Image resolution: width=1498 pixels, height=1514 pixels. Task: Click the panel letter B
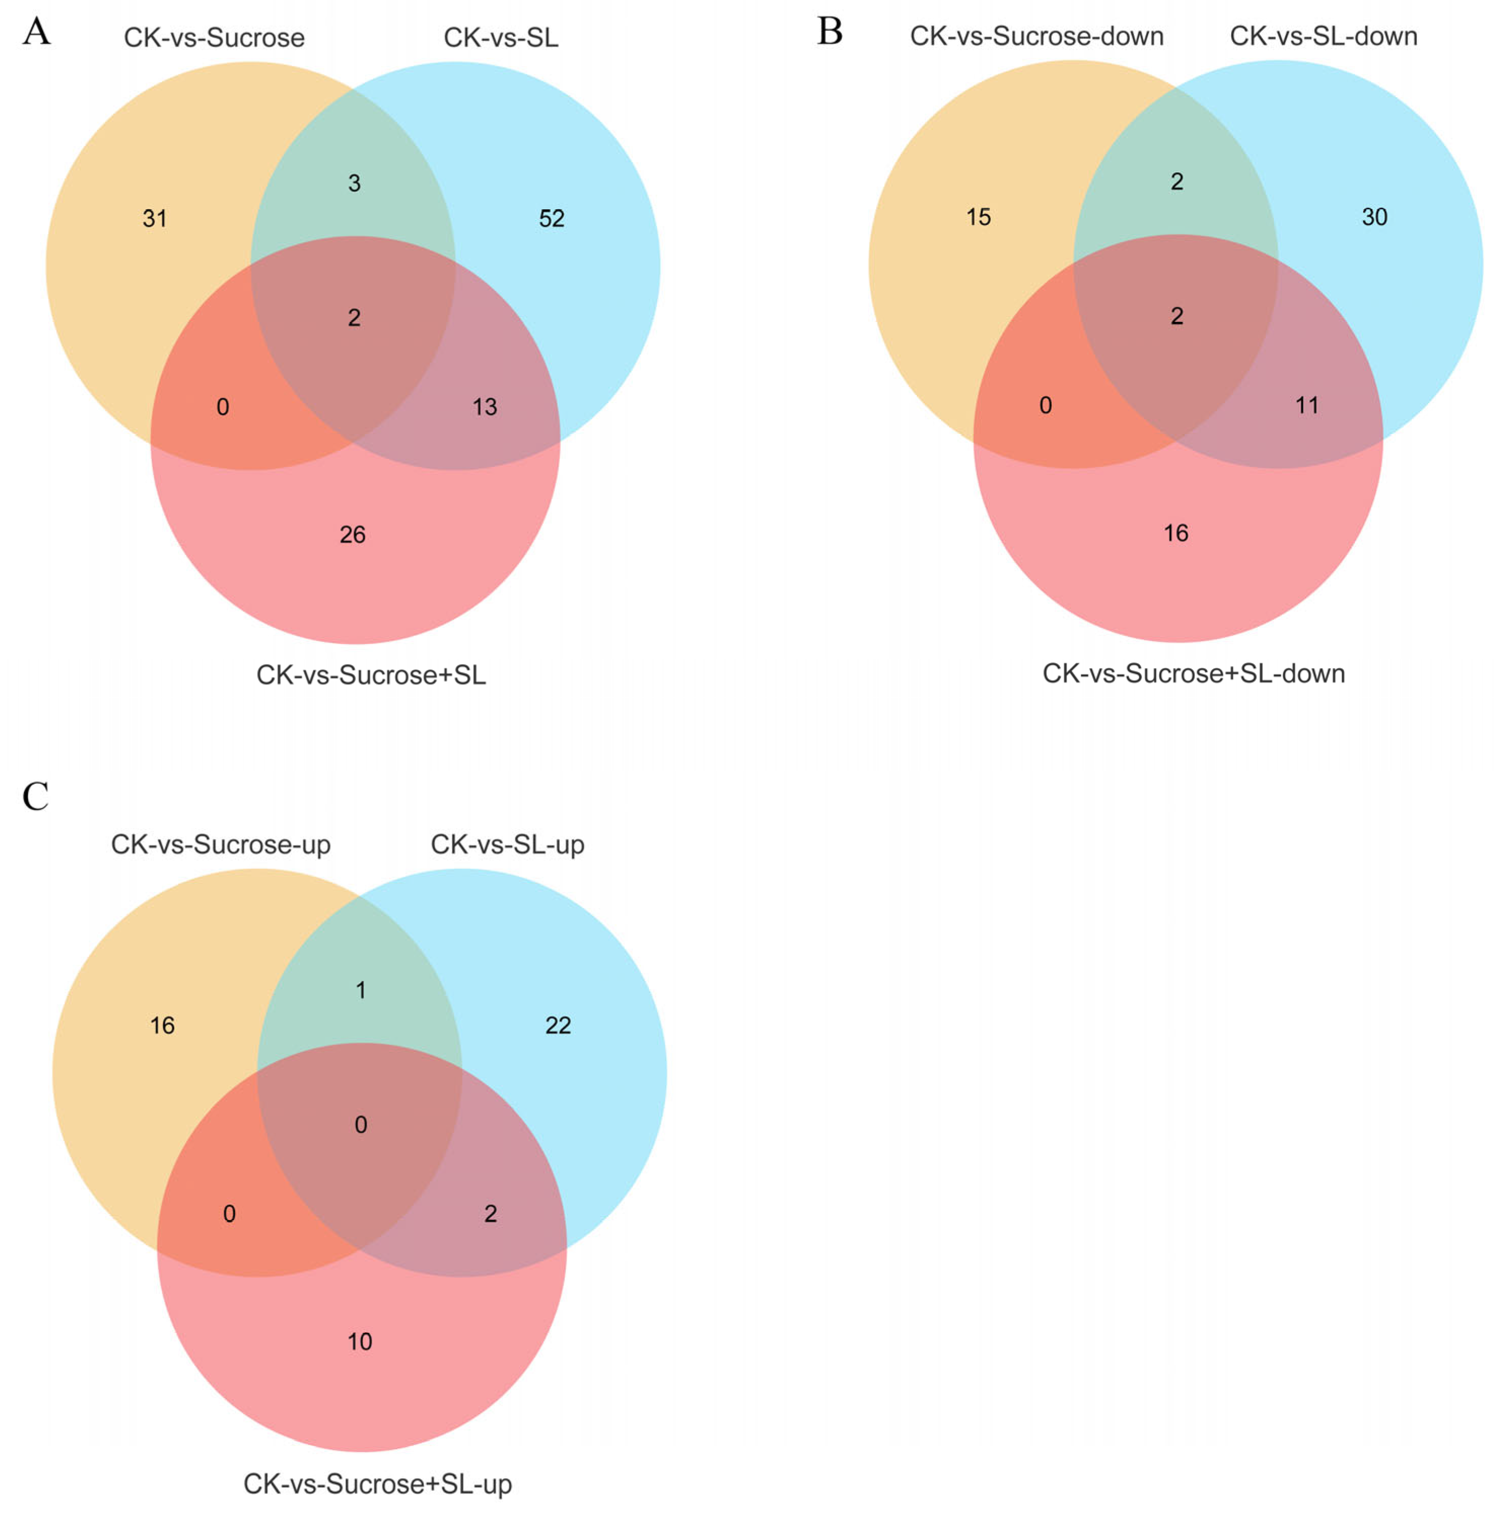(829, 32)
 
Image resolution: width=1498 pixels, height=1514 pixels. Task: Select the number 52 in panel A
(551, 219)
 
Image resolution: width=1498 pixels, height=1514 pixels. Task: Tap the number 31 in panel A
(155, 219)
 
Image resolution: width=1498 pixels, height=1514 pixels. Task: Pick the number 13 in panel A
(484, 407)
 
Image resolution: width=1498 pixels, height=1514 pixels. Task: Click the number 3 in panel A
(354, 184)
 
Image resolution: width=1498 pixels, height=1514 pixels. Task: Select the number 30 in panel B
(1374, 217)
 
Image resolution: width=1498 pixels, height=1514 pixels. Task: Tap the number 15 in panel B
(978, 217)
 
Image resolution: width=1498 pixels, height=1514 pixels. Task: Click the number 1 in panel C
(361, 991)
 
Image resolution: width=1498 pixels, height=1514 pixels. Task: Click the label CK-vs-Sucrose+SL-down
(1193, 674)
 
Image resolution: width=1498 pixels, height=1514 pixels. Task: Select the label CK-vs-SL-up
(507, 845)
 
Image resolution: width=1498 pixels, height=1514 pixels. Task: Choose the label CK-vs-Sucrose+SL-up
(377, 1484)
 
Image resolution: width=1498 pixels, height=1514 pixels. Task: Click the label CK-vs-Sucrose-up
(220, 845)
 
